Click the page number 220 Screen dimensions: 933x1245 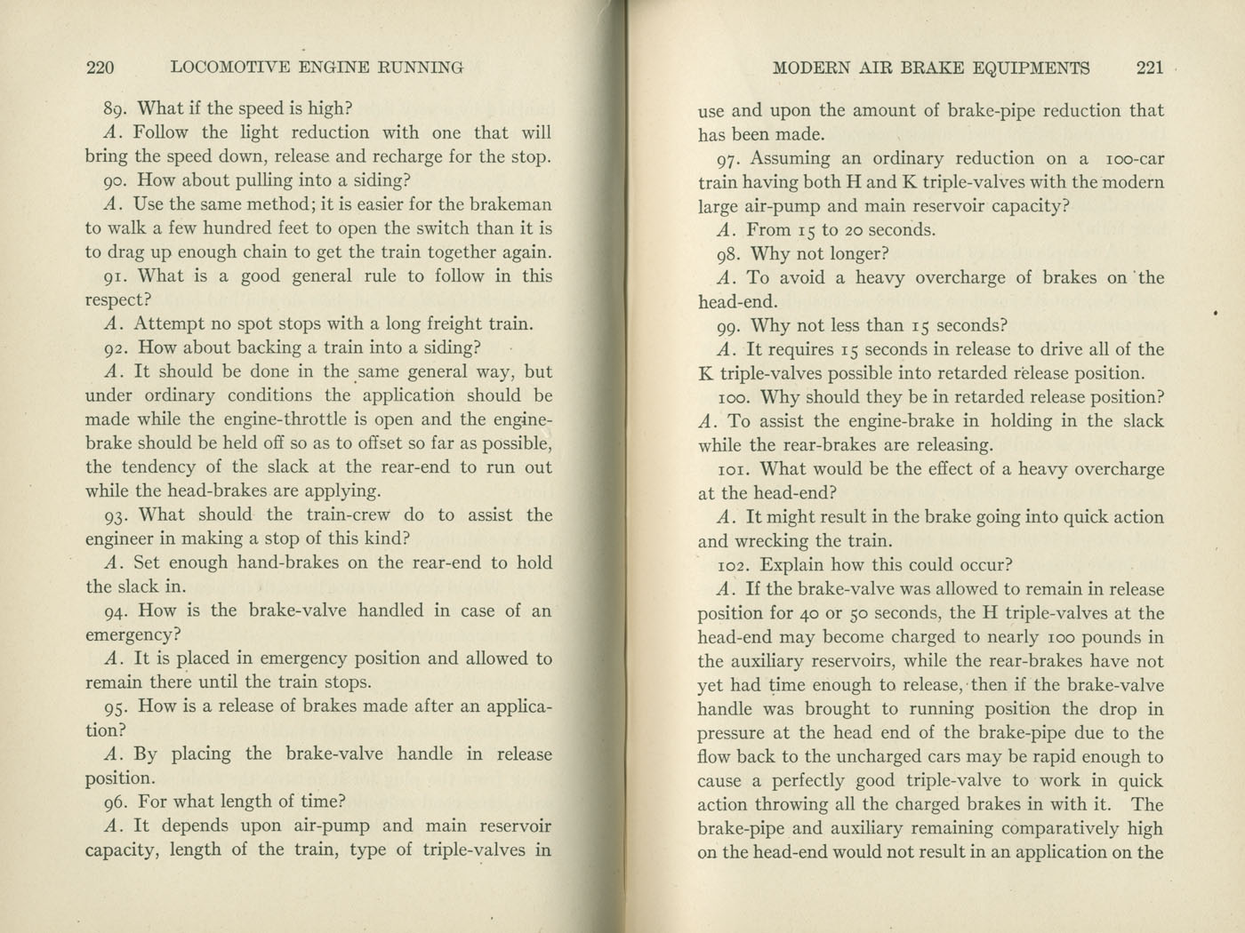click(x=100, y=68)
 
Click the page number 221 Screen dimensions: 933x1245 click(x=1150, y=68)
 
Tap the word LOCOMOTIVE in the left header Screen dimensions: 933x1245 click(x=229, y=68)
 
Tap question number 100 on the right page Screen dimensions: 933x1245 click(x=734, y=398)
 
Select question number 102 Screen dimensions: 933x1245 click(x=734, y=565)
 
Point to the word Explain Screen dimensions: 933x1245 click(x=793, y=565)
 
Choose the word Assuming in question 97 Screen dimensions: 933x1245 click(x=791, y=159)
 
